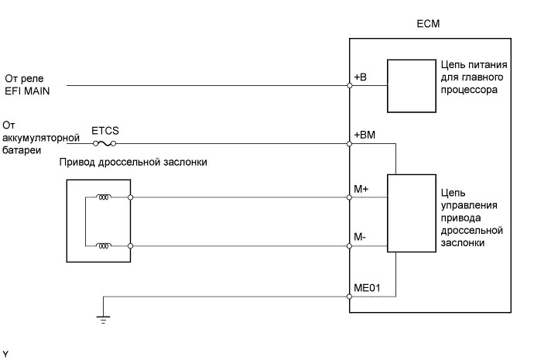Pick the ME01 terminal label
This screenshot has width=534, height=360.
[366, 287]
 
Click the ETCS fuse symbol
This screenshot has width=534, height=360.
[110, 143]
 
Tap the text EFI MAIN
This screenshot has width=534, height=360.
[26, 91]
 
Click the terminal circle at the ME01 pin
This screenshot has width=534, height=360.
[350, 296]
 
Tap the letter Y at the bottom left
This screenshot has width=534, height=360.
[5, 354]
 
